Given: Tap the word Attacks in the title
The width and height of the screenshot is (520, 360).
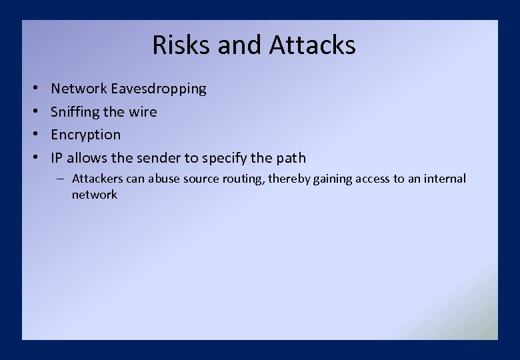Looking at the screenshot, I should pos(313,45).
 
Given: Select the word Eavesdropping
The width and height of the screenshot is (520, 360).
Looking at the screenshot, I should pos(159,89).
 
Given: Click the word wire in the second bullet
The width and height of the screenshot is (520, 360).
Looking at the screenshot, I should pos(143,112).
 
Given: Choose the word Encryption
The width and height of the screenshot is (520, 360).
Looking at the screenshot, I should pos(86,135).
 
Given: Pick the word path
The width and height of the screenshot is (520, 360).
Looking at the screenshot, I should pos(290,158).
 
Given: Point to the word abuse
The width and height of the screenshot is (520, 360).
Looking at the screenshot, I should pos(166,179).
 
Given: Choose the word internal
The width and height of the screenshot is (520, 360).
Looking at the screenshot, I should pos(444,179).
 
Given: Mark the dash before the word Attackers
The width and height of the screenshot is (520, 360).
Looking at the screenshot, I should pos(61,179).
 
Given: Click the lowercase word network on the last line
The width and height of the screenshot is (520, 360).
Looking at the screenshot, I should pos(95,195).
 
